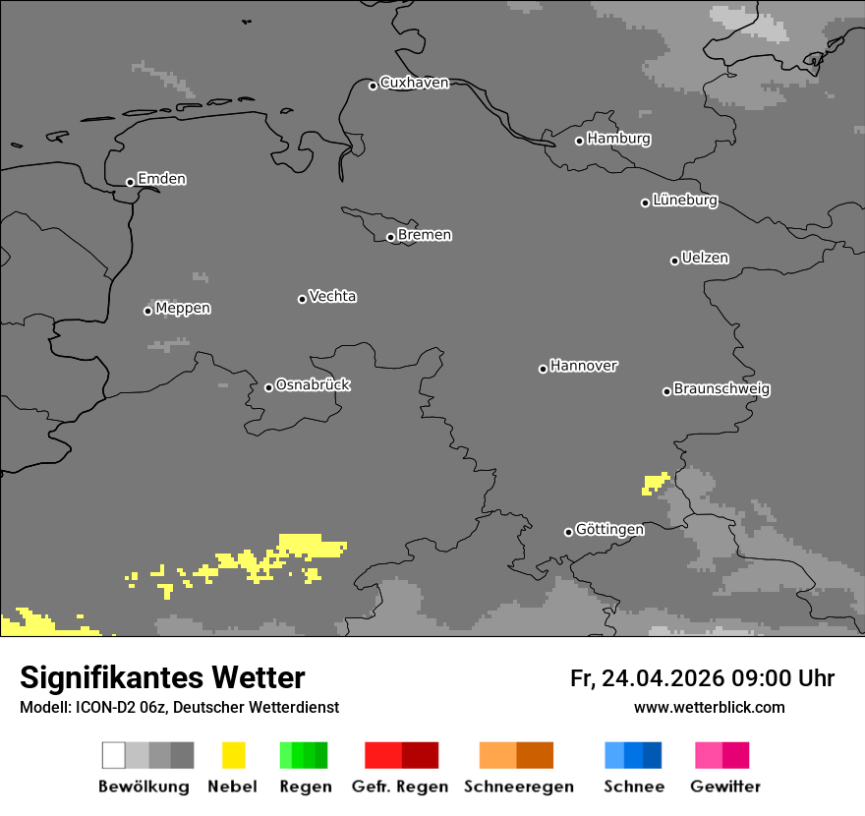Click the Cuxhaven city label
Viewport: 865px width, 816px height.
(x=414, y=83)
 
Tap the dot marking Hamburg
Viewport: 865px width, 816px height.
(x=580, y=141)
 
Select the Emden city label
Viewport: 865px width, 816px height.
(x=161, y=179)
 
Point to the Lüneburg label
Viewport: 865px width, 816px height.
(x=684, y=200)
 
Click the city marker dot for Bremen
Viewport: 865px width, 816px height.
(x=390, y=237)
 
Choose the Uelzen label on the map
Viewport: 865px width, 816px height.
(x=705, y=258)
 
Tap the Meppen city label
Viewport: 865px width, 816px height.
(x=183, y=308)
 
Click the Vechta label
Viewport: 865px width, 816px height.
(x=332, y=296)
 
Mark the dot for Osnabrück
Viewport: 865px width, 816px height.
(x=268, y=387)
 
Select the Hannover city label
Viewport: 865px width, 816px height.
(x=584, y=366)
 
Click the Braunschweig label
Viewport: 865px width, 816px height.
(x=721, y=388)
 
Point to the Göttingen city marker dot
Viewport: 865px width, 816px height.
(x=568, y=532)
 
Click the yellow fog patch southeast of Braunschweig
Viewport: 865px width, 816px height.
(x=655, y=482)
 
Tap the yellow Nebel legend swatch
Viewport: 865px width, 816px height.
(x=233, y=755)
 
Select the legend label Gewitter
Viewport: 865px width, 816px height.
(x=724, y=787)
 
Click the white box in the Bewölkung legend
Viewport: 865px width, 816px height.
(x=114, y=755)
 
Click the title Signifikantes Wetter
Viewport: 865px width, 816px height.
(x=162, y=677)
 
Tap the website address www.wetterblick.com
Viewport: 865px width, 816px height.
(x=709, y=707)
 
